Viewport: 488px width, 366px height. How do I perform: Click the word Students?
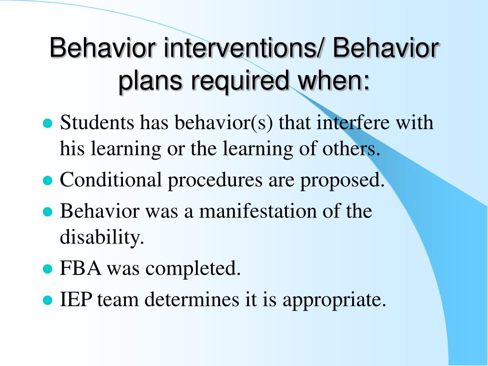(97, 122)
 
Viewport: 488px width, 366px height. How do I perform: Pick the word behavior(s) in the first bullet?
(224, 122)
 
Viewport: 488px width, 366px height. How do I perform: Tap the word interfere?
(353, 122)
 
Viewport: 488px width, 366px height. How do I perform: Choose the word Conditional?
(111, 180)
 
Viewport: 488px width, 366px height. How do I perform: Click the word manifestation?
(258, 211)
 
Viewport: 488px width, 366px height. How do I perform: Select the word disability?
(102, 237)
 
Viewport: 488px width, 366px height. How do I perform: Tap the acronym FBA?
(81, 268)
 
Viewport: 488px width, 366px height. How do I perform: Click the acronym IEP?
(76, 299)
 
